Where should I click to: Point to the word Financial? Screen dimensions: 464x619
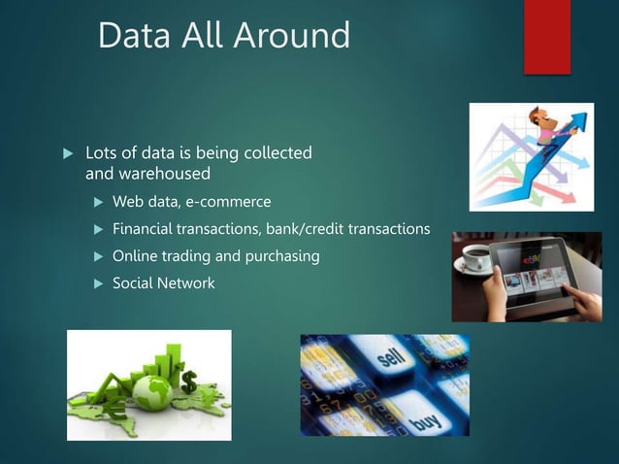[x=146, y=230]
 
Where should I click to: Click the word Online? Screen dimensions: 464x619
[x=136, y=256]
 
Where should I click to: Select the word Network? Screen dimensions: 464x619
[x=188, y=283]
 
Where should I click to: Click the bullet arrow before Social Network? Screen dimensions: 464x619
[x=97, y=283]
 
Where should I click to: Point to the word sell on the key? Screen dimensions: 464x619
[x=390, y=362]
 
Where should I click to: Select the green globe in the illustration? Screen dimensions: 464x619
[x=156, y=389]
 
